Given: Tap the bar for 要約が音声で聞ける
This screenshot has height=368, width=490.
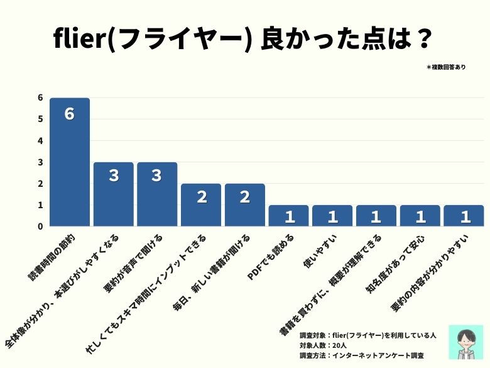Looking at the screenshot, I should tap(157, 194).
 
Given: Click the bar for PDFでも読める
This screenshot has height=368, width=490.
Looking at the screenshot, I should tap(288, 216).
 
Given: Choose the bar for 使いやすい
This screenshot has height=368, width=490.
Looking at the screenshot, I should tap(332, 216).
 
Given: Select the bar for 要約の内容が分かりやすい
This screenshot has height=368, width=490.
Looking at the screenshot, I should tap(464, 216).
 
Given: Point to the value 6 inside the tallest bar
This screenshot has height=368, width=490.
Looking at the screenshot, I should tap(70, 114).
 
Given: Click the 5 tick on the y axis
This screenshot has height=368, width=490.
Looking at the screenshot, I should tap(40, 119).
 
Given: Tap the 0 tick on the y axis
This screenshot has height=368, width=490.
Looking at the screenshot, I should tap(40, 226).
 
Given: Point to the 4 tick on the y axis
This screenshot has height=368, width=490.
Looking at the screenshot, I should tap(40, 140).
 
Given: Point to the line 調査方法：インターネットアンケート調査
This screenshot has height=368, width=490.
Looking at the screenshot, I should tap(361, 355).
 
